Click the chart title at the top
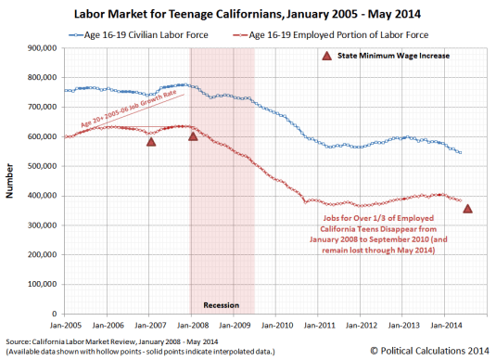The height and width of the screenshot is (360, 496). [248, 13]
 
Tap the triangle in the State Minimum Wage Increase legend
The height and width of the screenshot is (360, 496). [325, 57]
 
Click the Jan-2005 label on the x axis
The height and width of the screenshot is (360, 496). [68, 326]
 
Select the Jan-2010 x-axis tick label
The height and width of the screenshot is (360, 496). [276, 326]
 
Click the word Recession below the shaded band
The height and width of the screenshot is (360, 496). [223, 304]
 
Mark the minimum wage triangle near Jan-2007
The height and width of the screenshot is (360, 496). [151, 141]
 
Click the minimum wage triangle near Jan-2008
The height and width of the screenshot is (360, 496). [193, 136]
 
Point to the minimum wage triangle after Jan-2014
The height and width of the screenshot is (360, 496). [468, 209]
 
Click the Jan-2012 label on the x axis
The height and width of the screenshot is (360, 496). [360, 326]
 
